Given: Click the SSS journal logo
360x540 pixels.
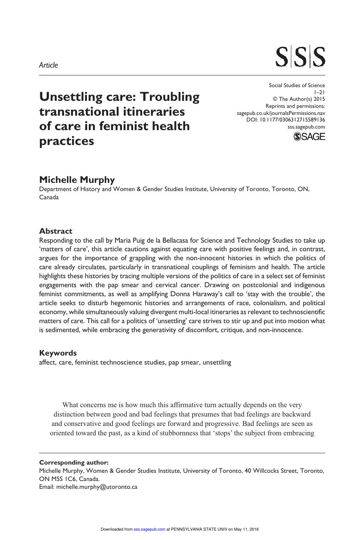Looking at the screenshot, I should [300, 57].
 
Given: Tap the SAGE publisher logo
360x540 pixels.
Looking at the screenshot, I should [309, 136].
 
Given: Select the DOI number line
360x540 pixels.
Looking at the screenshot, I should [285, 120].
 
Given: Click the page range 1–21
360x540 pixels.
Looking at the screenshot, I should [319, 92].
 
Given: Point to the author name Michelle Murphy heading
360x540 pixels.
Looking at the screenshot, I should [77, 180].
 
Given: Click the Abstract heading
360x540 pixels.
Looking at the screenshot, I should [55, 231].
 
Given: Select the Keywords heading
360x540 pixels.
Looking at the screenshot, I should [58, 353].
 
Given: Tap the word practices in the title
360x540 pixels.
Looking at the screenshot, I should [67, 141].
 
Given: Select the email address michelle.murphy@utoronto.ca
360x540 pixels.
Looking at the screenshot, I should [97, 487].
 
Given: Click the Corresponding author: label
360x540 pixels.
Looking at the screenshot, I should [74, 462].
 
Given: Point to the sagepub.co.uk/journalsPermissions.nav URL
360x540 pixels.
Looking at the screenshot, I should [281, 113].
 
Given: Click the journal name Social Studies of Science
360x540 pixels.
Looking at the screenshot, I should [297, 85].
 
